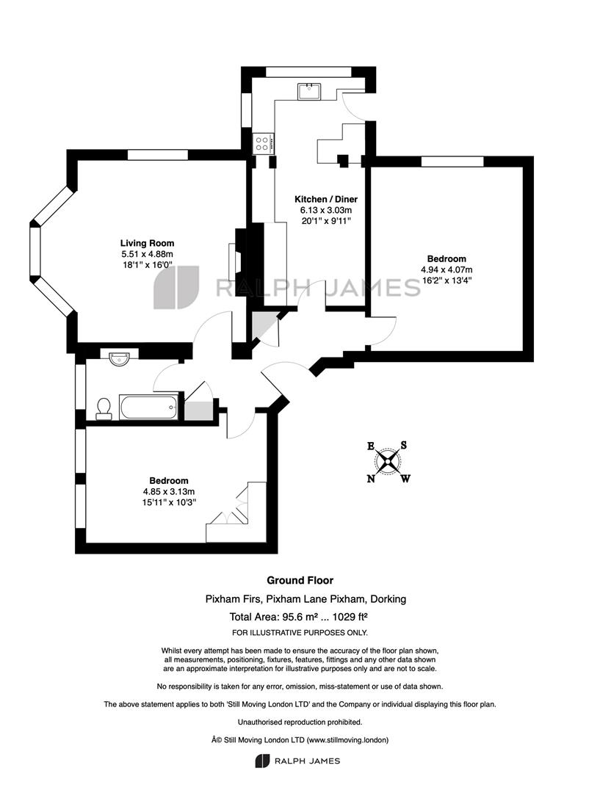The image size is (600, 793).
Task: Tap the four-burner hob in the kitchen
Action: click(x=263, y=144)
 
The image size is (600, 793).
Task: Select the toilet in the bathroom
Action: click(x=104, y=409)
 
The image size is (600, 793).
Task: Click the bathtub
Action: click(x=149, y=407)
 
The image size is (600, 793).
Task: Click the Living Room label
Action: click(x=147, y=243)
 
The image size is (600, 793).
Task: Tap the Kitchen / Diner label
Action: click(x=326, y=199)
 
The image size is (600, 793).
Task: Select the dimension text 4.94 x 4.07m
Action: click(x=447, y=269)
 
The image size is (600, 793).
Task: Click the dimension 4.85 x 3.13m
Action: click(x=169, y=491)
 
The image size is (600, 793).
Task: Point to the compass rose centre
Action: click(x=388, y=461)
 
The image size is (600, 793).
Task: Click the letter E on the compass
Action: click(x=371, y=446)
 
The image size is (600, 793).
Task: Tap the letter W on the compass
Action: click(x=405, y=479)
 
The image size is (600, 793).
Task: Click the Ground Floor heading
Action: click(x=300, y=580)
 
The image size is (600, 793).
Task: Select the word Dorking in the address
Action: click(x=388, y=599)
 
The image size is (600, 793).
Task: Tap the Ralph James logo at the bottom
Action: click(x=297, y=761)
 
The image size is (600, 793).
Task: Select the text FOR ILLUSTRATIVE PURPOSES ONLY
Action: click(x=300, y=633)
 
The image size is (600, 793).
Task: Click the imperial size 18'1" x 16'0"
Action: click(x=147, y=264)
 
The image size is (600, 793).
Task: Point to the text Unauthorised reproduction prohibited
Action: click(x=300, y=723)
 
